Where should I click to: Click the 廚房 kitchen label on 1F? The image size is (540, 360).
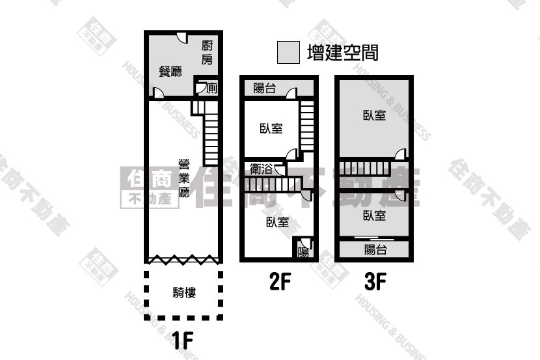(207, 52)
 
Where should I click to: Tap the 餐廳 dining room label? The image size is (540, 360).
(170, 72)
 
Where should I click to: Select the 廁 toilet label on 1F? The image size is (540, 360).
(212, 88)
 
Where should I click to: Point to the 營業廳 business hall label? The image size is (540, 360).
(184, 178)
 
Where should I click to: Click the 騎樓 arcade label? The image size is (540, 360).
(184, 292)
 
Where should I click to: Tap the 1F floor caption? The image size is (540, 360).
(182, 340)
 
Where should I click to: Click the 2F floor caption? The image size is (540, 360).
(280, 281)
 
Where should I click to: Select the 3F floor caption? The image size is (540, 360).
(375, 281)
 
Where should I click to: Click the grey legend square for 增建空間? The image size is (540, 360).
(289, 52)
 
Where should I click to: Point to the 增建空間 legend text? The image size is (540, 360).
(343, 53)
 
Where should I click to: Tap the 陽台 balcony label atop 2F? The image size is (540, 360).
(265, 88)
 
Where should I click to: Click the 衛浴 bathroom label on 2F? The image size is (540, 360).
(261, 169)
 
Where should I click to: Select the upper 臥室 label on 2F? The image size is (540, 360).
(271, 128)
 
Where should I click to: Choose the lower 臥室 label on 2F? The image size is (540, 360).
(278, 222)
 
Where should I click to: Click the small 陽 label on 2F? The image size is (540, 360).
(303, 252)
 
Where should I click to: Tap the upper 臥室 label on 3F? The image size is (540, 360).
(375, 115)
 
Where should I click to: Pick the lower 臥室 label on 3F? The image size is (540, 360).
(375, 215)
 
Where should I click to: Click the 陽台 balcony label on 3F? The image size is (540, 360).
(375, 249)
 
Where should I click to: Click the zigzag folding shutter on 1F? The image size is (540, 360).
(183, 259)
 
